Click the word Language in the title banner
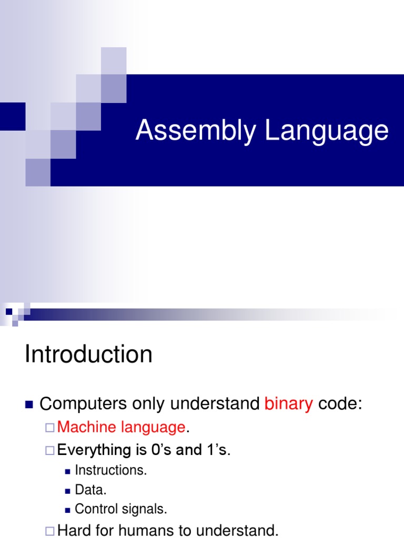327,131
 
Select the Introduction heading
88,355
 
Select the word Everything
93,450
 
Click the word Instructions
111,470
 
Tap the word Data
90,490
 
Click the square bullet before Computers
29,404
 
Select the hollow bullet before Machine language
49,428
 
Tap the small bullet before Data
67,490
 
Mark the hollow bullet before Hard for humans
49,531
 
